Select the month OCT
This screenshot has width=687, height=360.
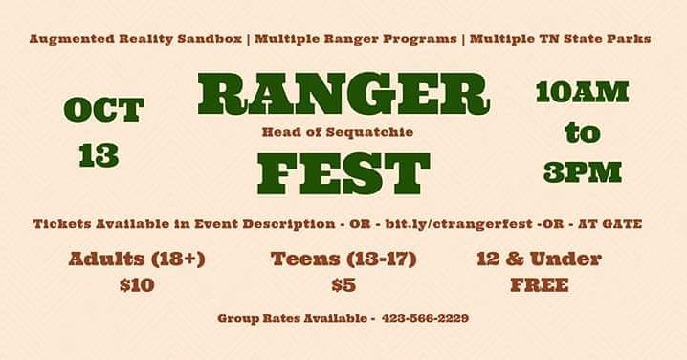point(103,110)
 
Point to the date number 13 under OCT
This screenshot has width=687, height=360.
point(99,156)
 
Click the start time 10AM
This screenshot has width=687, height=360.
point(582,92)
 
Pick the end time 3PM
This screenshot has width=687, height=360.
point(582,171)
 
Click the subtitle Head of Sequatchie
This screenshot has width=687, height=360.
point(338,132)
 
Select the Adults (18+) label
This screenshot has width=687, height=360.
point(137,259)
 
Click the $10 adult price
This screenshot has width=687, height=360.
point(137,284)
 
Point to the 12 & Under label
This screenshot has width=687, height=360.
point(538,259)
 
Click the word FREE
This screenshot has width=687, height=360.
point(539,284)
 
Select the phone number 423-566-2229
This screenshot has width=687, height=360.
point(425,318)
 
